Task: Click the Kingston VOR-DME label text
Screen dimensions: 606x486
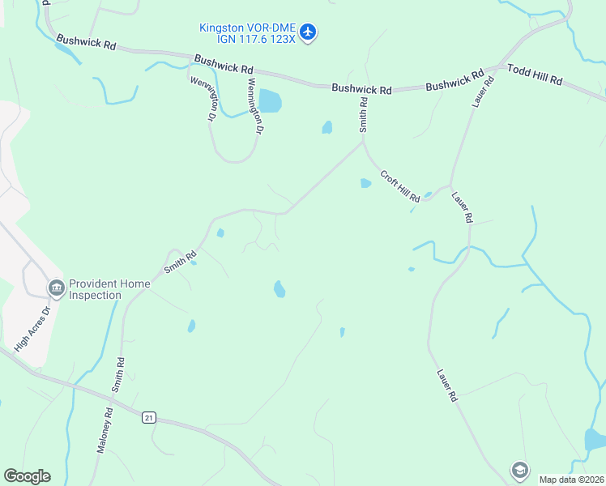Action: [247, 28]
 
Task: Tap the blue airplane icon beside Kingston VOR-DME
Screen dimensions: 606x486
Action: [308, 32]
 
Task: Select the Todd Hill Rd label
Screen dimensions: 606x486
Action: [535, 75]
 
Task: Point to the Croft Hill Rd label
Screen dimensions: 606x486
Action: [400, 185]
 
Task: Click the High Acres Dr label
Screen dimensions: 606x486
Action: [33, 327]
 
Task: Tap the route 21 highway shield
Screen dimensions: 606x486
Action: [148, 417]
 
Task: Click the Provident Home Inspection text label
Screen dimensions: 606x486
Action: [105, 289]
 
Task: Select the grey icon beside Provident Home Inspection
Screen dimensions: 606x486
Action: [56, 288]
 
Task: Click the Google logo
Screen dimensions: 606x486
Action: [27, 475]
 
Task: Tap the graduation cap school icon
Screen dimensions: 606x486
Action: [519, 469]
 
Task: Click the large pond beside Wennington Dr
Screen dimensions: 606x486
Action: [270, 101]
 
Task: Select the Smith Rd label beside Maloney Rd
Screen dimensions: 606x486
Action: [118, 376]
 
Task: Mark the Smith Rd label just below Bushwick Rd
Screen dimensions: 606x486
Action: [364, 115]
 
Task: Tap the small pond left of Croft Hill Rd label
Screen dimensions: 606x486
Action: [365, 183]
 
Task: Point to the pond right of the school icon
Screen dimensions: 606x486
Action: [594, 440]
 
